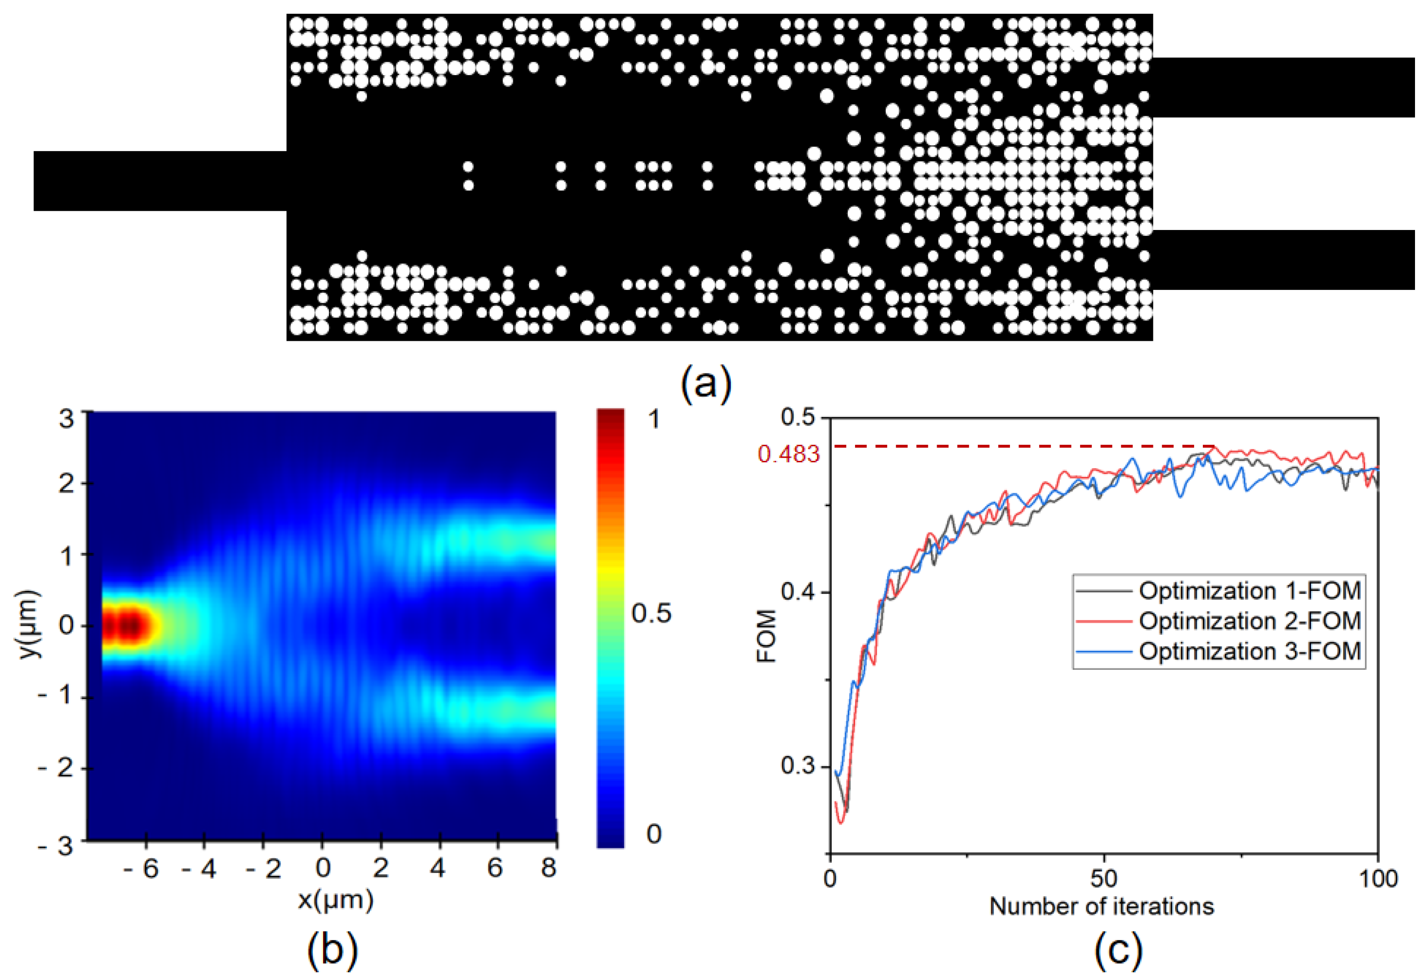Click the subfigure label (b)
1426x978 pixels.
pos(332,949)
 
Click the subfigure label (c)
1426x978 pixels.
pos(1118,949)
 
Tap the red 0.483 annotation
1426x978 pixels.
pos(789,454)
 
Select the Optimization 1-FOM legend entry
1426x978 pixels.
pos(1249,591)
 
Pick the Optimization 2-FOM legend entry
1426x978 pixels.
pos(1249,621)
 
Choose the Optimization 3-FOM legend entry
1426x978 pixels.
pos(1249,651)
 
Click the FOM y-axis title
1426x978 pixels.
pos(767,636)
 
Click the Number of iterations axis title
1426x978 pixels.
pos(1102,906)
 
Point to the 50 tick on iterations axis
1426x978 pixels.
pos(1103,879)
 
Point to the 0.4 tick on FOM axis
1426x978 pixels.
pos(800,592)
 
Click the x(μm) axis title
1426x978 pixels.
pos(335,900)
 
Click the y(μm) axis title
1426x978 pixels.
pos(29,625)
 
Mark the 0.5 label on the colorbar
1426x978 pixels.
pos(651,613)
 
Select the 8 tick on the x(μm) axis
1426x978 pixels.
pos(548,868)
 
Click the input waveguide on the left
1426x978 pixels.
pos(159,181)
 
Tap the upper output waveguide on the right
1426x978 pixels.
pos(1283,88)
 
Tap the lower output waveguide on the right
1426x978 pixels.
pos(1283,260)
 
